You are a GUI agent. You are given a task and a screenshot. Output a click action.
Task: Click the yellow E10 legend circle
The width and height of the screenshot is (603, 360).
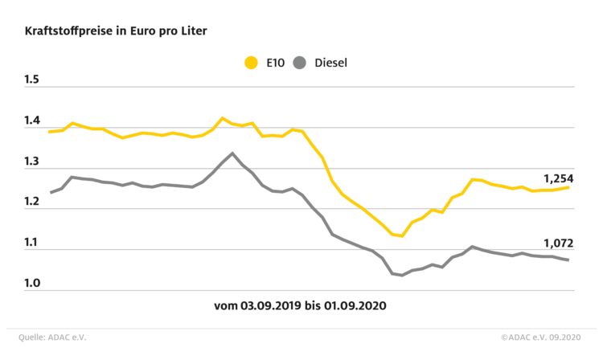pos(251,61)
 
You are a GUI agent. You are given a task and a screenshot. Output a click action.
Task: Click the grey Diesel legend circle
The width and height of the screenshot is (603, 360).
pos(301,61)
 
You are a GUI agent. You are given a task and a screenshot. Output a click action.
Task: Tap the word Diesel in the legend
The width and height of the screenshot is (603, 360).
pos(330,61)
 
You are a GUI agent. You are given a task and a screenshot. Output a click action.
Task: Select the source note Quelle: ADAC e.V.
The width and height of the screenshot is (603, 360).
pos(51,337)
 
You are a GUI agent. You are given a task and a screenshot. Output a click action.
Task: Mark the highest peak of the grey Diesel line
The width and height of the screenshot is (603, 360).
pos(232,153)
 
